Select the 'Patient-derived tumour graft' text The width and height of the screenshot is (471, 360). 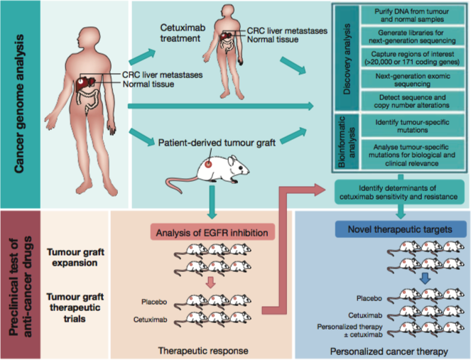(x=212, y=141)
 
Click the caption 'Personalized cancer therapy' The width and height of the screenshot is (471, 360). (x=389, y=349)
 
